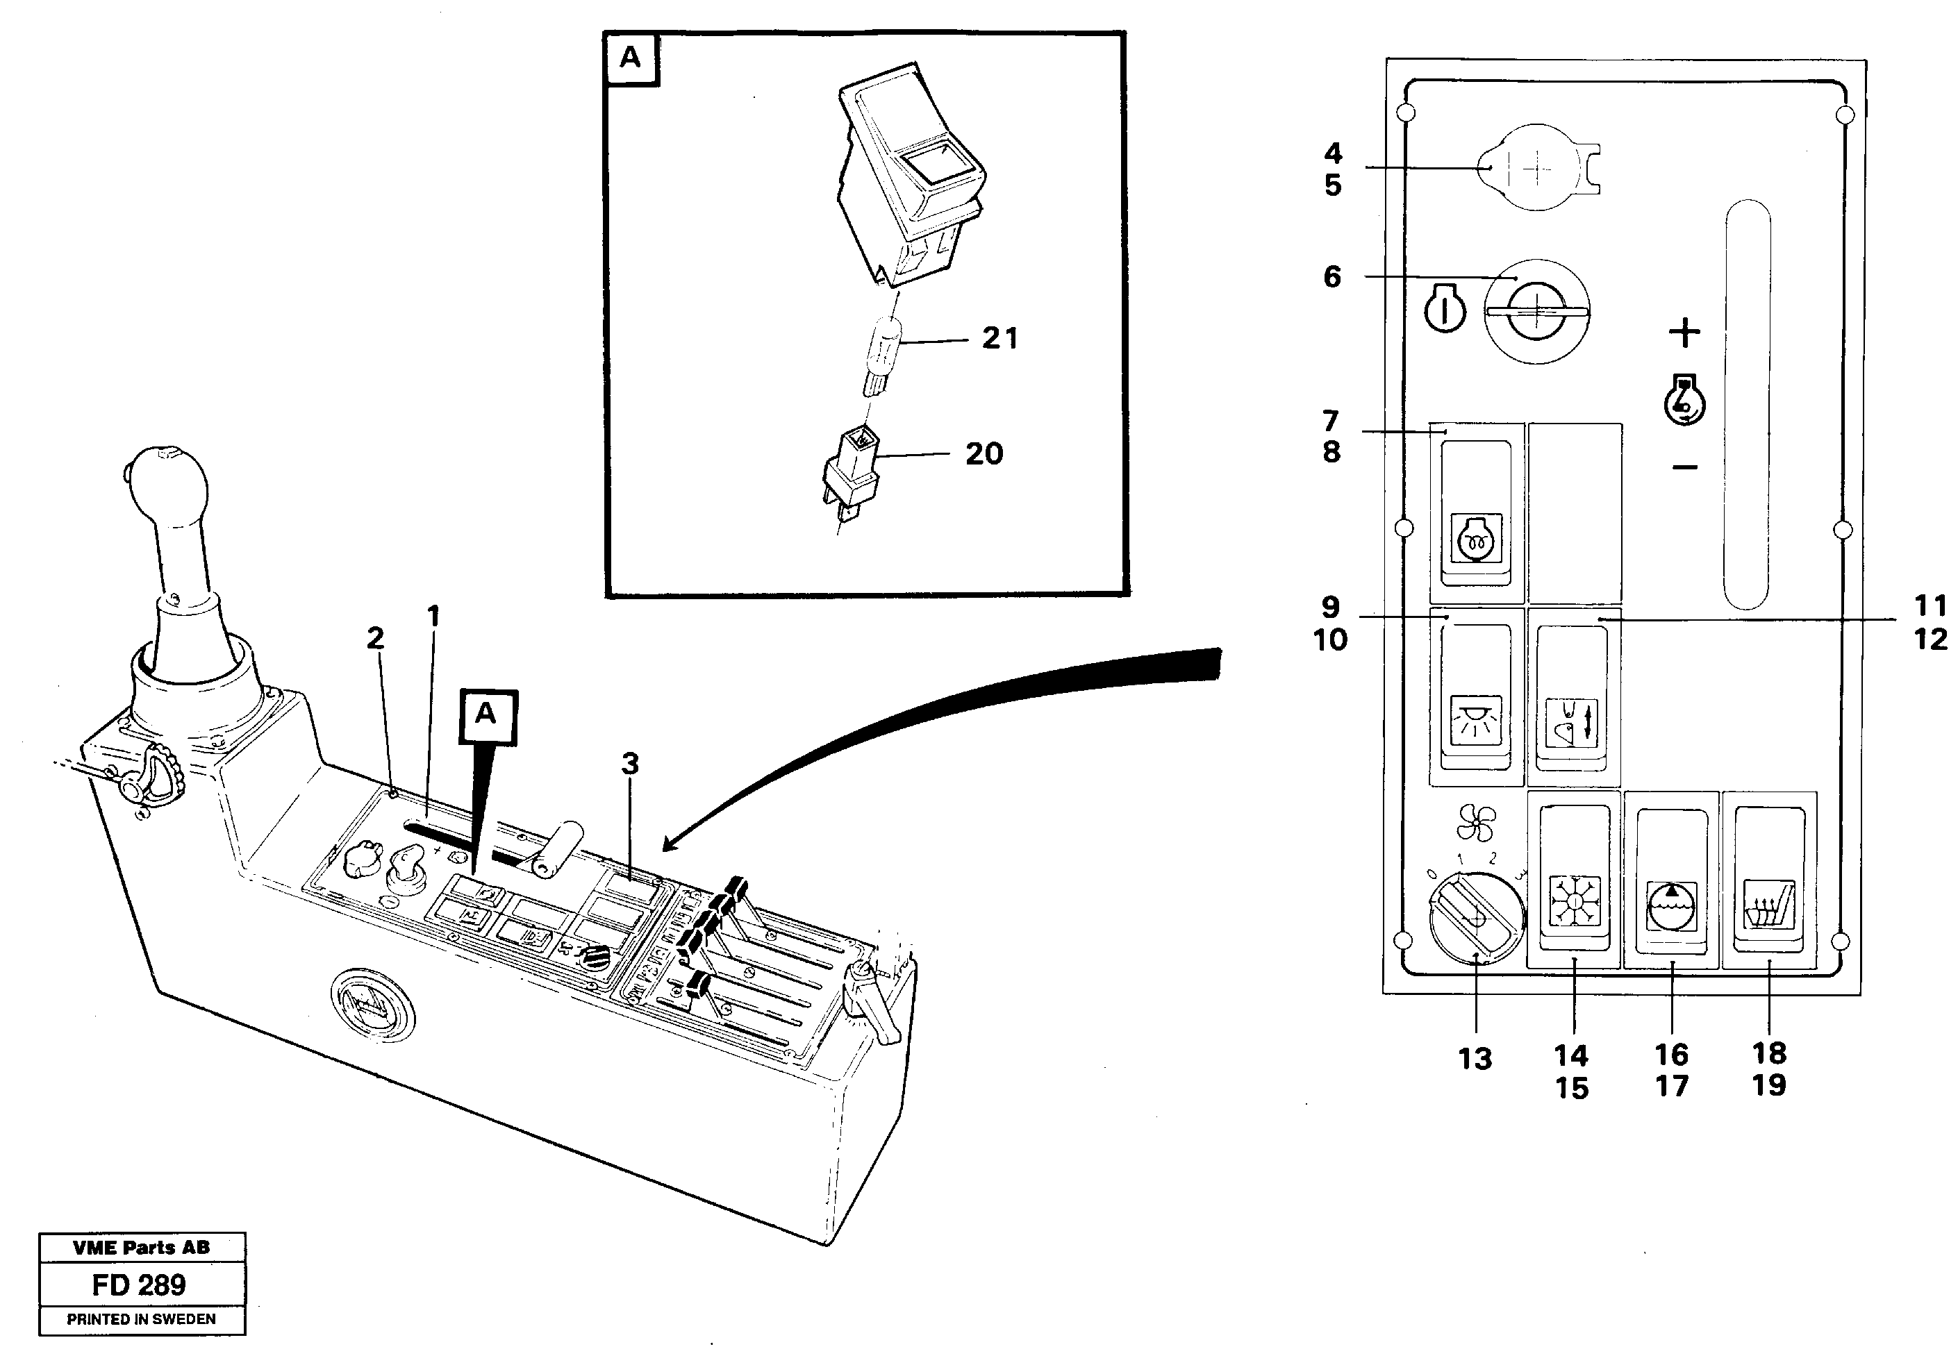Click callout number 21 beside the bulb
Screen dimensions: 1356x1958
(999, 339)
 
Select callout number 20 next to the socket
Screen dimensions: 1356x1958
(984, 453)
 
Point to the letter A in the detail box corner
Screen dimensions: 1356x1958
(631, 58)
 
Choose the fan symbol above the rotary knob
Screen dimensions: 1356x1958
(1475, 823)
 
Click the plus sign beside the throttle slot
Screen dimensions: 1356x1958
(1684, 332)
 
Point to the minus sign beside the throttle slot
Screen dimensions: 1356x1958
(1684, 467)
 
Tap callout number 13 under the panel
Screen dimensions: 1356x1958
(1475, 1060)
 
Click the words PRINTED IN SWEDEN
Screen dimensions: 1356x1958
(141, 1319)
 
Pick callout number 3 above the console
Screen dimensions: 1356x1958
(630, 764)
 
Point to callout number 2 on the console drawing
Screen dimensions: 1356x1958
(375, 638)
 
